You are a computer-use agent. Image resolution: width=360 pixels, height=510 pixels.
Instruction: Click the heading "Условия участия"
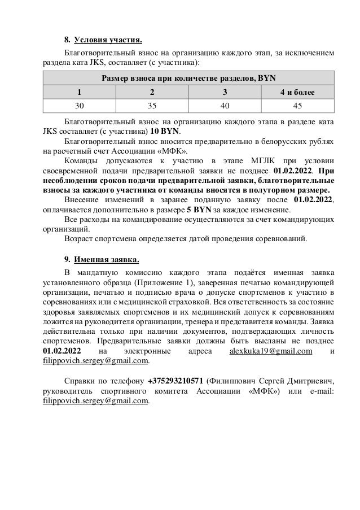click(108, 40)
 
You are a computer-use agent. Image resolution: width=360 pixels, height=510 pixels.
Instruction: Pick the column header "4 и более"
click(298, 91)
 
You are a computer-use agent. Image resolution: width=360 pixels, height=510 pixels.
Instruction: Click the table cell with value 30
click(80, 105)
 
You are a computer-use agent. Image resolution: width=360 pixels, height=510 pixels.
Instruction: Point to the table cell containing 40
click(224, 105)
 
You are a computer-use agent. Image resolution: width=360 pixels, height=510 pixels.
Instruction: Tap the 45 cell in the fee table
click(298, 105)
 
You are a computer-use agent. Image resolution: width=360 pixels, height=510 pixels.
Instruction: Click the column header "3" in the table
click(224, 91)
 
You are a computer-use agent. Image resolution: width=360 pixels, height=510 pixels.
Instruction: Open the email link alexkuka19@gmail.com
click(271, 351)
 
